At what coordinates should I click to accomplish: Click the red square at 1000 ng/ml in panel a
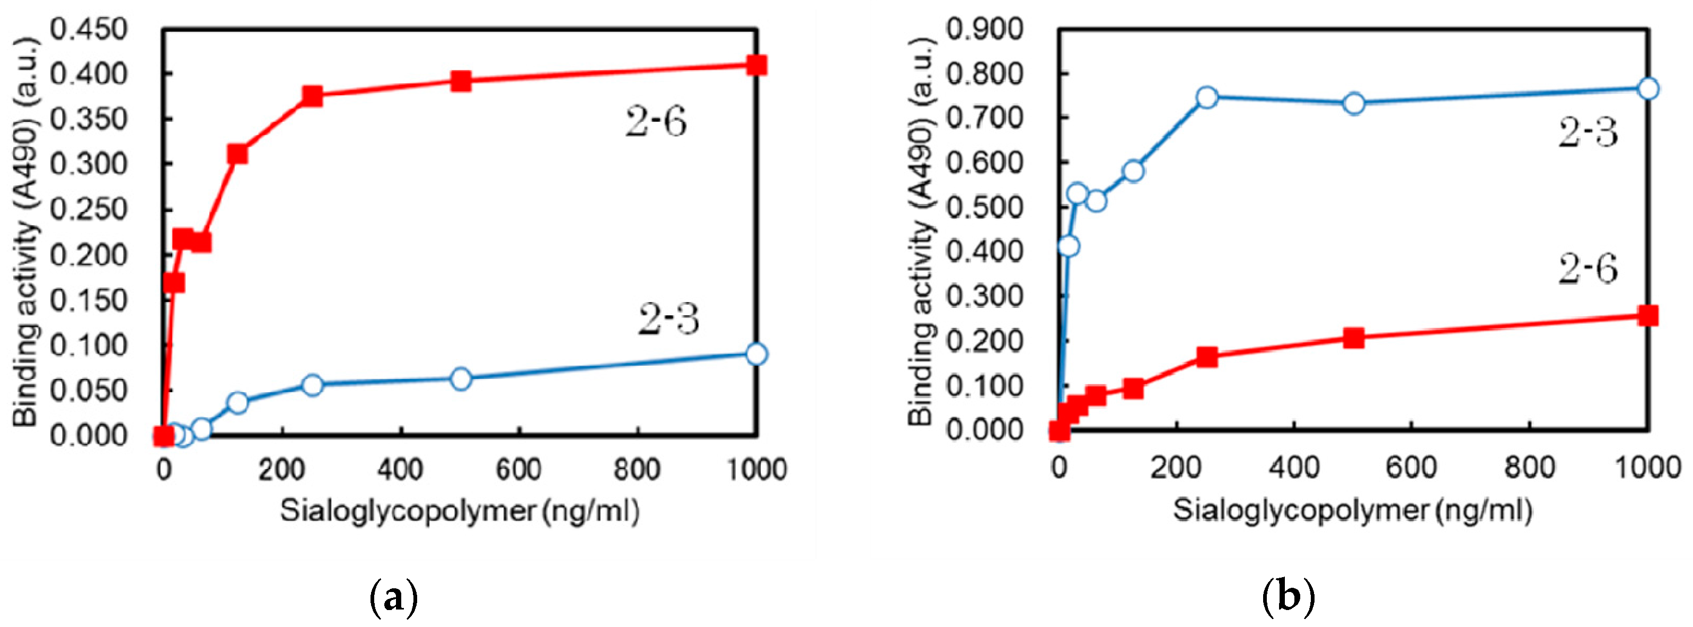[756, 65]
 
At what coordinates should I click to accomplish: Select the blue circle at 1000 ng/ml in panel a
[756, 354]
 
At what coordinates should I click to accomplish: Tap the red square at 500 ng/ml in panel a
[461, 81]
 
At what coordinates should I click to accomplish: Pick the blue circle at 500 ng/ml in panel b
[1354, 103]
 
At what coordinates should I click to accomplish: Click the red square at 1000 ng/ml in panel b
[1647, 315]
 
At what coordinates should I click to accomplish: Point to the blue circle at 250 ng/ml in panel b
[1206, 98]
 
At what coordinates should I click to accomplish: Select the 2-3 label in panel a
[668, 320]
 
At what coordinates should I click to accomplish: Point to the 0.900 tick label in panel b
[984, 29]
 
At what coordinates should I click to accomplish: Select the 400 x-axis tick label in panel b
[1293, 467]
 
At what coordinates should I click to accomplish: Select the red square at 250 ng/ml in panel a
[312, 96]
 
